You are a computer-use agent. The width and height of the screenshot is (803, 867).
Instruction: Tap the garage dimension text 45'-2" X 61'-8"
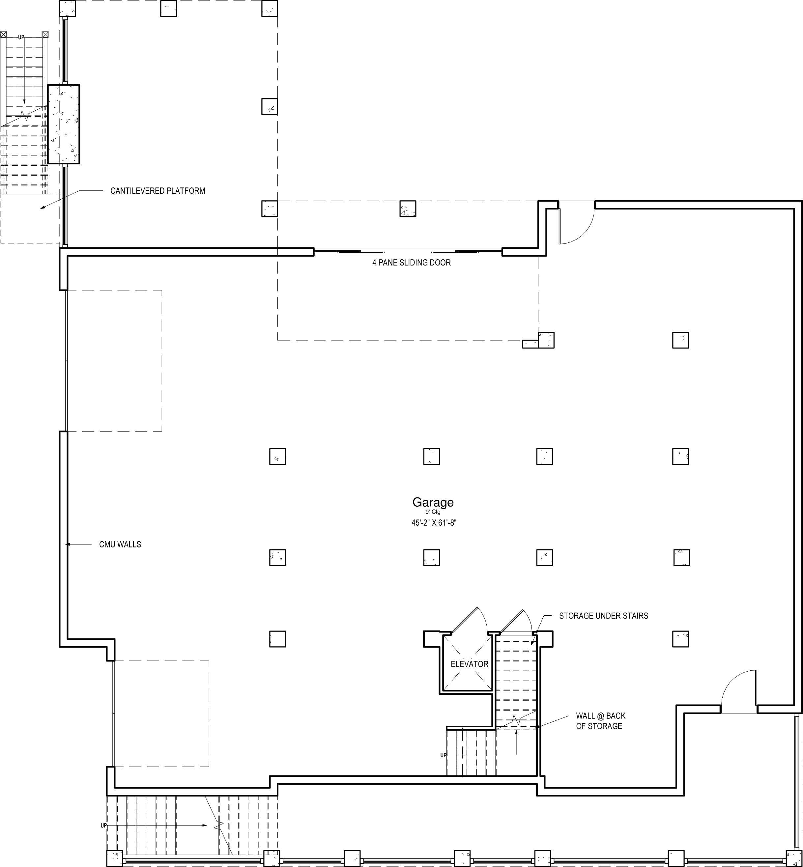tap(434, 523)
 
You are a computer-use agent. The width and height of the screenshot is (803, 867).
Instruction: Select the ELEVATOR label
tap(469, 664)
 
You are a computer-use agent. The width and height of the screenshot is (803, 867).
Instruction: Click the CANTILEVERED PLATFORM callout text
tap(158, 191)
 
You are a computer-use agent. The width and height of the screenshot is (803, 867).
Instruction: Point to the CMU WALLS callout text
tap(120, 544)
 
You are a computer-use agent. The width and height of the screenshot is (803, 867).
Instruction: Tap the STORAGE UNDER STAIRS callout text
tap(604, 616)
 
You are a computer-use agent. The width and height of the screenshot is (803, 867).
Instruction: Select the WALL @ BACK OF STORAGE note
tap(600, 721)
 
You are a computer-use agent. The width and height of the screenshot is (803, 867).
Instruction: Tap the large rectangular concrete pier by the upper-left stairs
tap(64, 124)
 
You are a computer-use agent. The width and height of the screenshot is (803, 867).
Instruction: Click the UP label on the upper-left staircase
tap(21, 37)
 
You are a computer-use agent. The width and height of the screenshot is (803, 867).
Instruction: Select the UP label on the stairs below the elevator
tap(443, 755)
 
